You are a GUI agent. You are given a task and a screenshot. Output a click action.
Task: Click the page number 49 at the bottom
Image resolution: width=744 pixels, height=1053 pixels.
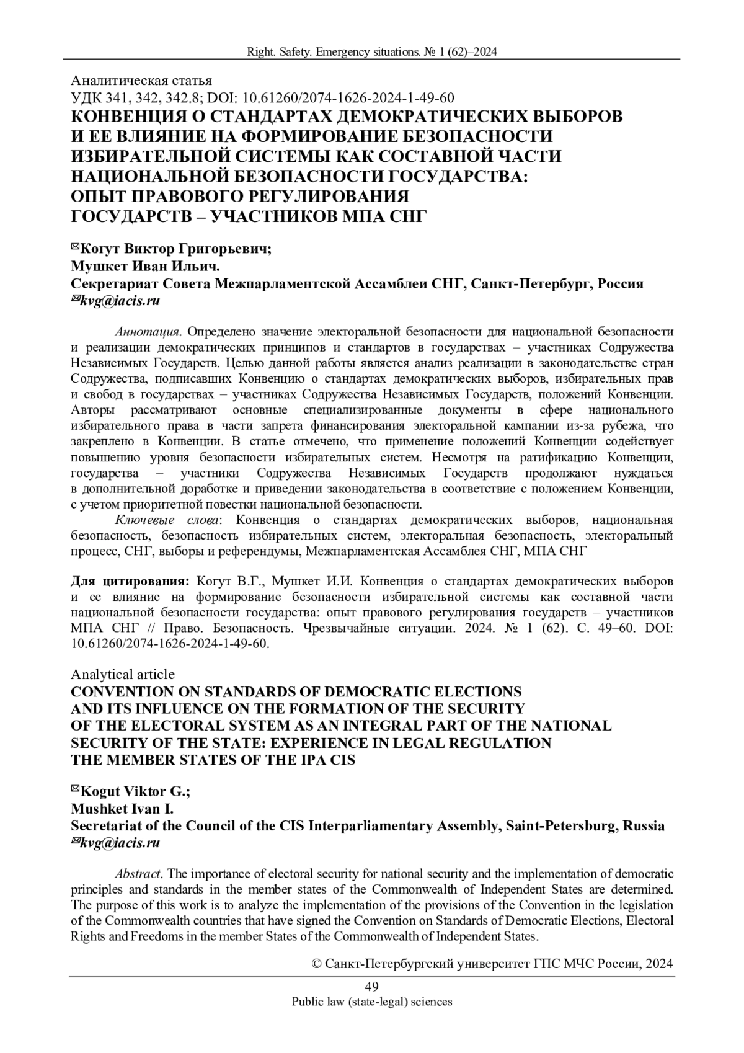click(372, 987)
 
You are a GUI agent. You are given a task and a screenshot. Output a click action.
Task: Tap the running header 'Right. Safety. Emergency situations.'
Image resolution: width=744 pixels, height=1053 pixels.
click(332, 53)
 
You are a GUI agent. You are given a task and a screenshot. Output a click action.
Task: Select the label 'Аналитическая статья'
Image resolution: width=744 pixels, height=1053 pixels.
click(142, 81)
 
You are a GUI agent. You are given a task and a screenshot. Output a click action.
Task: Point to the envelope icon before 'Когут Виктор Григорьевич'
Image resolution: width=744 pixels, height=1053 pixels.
click(76, 248)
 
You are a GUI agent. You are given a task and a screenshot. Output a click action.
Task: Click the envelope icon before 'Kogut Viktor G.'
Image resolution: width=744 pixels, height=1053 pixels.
click(76, 789)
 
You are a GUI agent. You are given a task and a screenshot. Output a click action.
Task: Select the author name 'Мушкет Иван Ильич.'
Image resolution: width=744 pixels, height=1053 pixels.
click(146, 267)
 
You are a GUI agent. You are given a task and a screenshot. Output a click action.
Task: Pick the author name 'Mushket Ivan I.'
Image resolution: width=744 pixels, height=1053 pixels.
click(122, 809)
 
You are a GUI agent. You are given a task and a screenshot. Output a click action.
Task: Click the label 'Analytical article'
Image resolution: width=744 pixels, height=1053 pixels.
click(123, 674)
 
